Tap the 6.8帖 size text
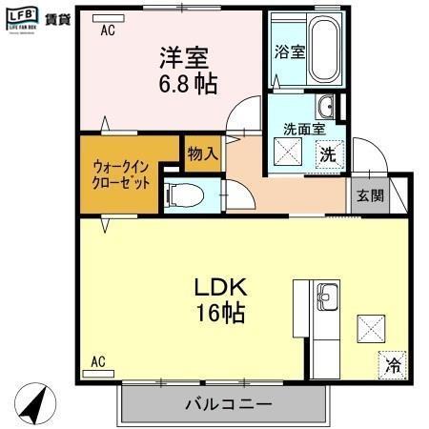tap(187, 84)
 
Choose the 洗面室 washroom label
tap(303, 129)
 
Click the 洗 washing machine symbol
tap(327, 153)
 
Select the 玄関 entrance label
tap(370, 196)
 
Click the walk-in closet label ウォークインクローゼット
tap(121, 173)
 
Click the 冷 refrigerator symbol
tap(393, 363)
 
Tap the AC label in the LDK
tap(97, 361)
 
